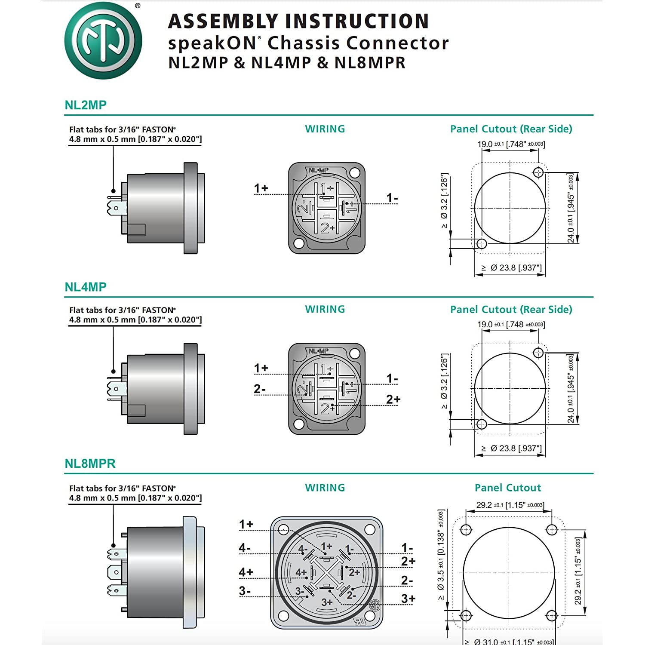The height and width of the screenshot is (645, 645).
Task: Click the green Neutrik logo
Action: point(103,40)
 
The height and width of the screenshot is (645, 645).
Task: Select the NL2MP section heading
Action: point(86,105)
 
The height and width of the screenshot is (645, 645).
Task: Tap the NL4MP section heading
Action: point(86,287)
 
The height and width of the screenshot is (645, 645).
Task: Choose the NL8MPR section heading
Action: point(90,464)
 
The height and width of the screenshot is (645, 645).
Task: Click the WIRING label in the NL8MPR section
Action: point(325,488)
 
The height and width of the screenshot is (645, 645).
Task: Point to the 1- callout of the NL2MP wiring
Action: point(392,198)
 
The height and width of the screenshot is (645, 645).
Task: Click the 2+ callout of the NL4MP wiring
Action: point(393,399)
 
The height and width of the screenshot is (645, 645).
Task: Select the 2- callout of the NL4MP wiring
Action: point(260,389)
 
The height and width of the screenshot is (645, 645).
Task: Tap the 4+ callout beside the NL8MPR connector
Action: point(246,572)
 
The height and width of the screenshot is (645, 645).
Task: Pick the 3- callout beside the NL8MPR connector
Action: point(245,591)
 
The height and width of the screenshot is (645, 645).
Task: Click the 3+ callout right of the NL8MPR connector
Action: point(408,598)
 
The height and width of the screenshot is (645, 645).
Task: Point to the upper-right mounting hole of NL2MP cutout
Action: point(538,172)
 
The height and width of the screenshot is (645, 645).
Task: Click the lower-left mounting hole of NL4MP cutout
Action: point(482,424)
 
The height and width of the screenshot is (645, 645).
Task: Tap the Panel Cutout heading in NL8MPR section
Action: point(507,488)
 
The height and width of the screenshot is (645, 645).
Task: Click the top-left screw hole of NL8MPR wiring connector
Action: point(283,529)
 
